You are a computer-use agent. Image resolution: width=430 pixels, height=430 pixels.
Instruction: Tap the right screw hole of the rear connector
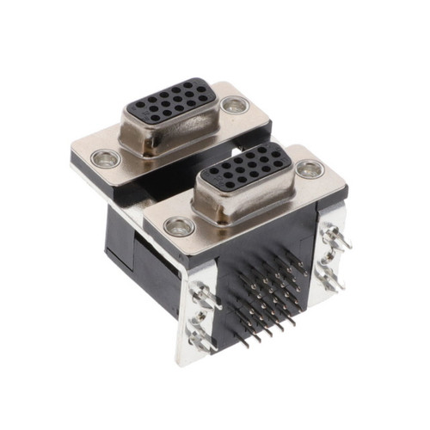pos(232,106)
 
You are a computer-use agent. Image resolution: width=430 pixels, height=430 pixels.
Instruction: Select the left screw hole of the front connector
pos(178,226)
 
